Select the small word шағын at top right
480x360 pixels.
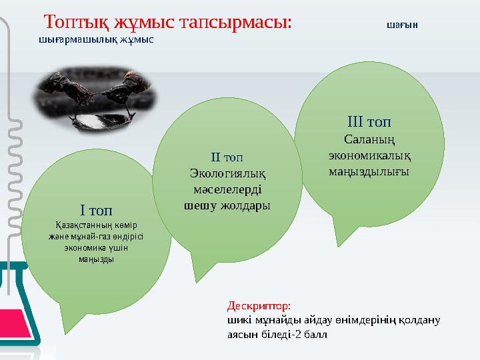(402, 25)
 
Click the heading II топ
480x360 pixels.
(227, 157)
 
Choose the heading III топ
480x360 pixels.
(369, 123)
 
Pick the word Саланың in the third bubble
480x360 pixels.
(369, 139)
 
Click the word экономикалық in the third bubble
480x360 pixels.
(369, 155)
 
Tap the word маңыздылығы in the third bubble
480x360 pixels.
(369, 171)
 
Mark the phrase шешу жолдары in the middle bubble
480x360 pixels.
(227, 206)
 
